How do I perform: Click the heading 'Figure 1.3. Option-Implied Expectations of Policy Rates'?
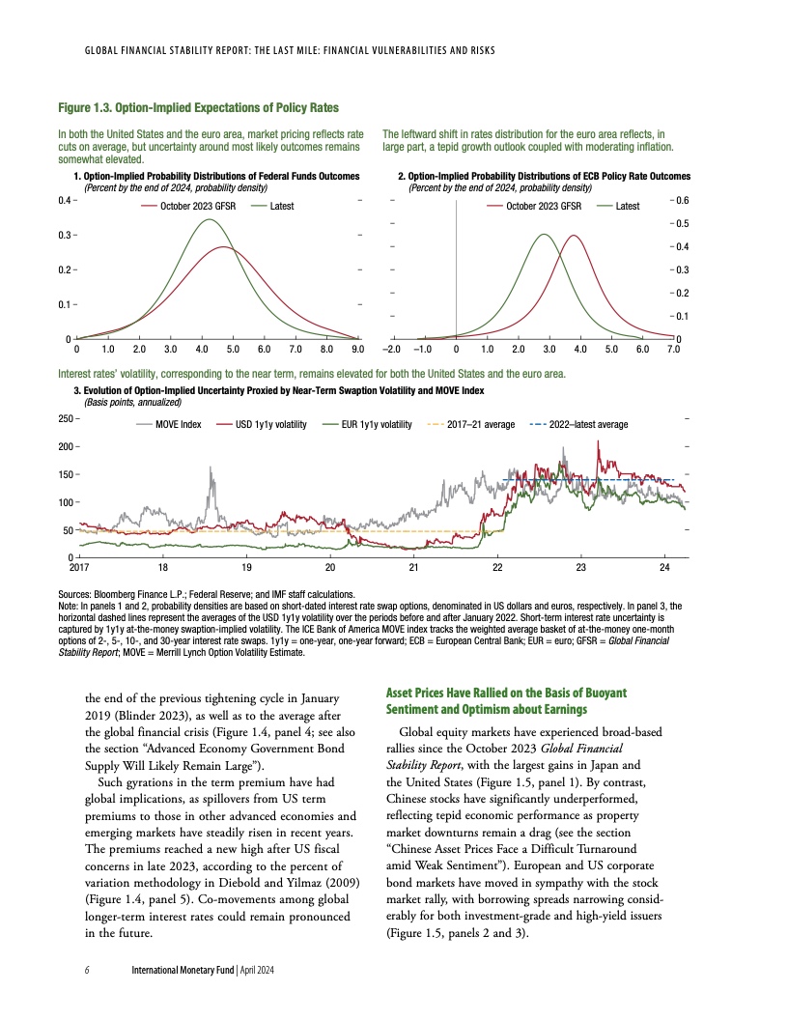point(197,106)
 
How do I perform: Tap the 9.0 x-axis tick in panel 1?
point(357,349)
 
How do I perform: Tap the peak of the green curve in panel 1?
point(210,219)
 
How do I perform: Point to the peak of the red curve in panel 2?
point(574,235)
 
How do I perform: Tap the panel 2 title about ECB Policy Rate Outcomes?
point(546,177)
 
